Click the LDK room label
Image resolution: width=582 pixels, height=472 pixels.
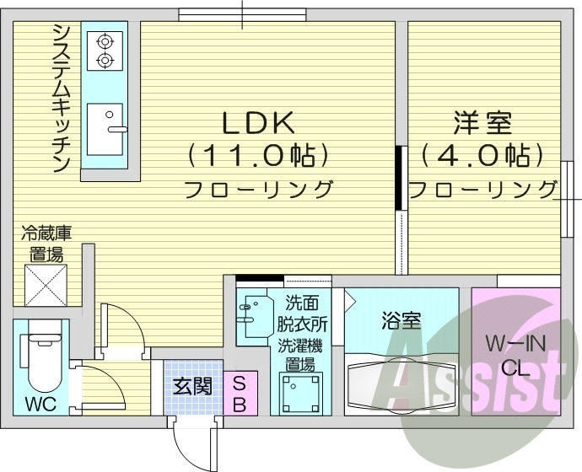tap(257, 124)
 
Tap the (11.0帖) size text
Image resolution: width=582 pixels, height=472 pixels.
tap(257, 155)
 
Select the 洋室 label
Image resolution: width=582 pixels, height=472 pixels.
tap(482, 124)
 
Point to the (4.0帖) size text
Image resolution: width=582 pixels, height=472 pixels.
tap(482, 155)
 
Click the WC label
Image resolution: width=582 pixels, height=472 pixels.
tap(39, 403)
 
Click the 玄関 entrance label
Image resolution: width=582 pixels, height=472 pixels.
tap(192, 387)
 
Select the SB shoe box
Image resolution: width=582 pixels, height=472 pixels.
tap(239, 393)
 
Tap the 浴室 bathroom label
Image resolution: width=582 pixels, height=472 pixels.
tap(401, 320)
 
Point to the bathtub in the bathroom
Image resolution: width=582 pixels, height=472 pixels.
tap(401, 384)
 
